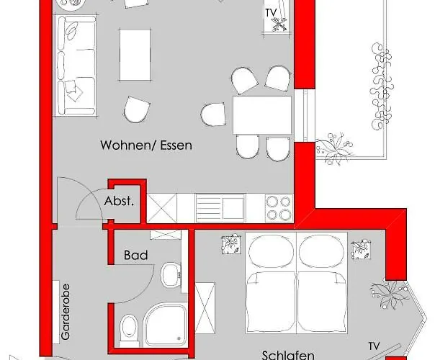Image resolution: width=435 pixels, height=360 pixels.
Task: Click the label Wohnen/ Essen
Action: coord(146,145)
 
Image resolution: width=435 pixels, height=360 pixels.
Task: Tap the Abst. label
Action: coord(119,202)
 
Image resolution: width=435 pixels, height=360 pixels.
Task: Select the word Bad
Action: coord(135,255)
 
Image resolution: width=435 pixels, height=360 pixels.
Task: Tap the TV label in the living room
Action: coord(271,13)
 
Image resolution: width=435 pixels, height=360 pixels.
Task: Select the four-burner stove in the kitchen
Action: coord(279,207)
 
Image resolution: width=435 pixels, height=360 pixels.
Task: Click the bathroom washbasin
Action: coord(171,274)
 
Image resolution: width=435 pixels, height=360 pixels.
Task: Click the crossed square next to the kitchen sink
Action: coord(161,207)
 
